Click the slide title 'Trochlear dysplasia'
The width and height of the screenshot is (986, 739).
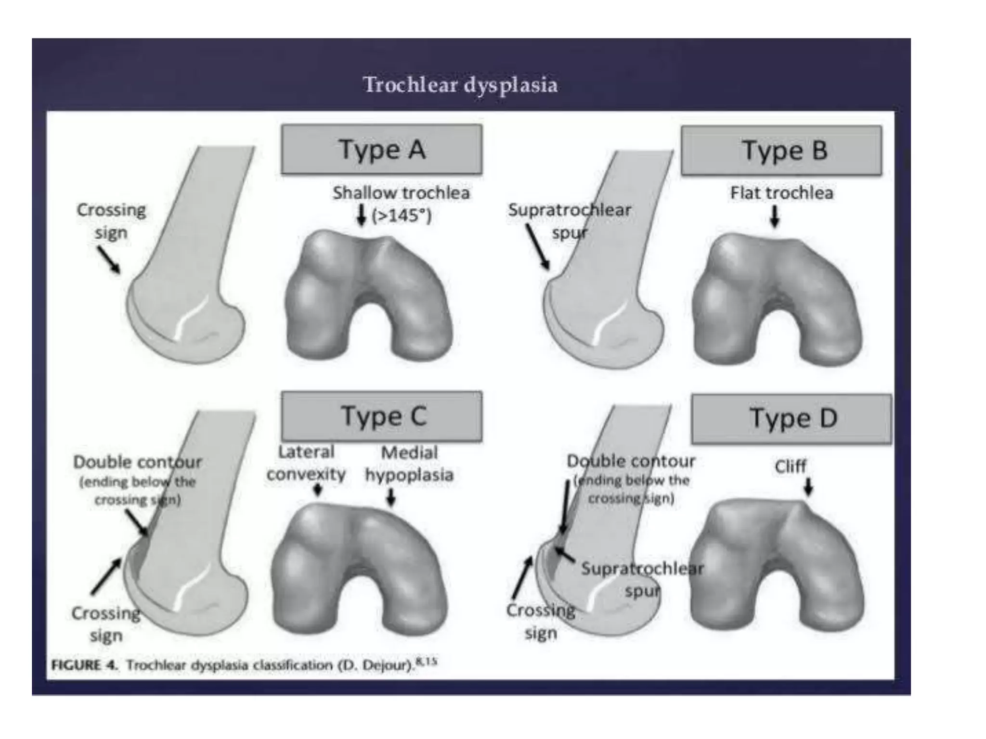tap(460, 85)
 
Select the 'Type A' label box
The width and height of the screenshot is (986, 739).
tap(382, 149)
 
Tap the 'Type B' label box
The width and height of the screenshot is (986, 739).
tap(781, 151)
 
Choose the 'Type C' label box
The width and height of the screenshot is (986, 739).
tap(382, 416)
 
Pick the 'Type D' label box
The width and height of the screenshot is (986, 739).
tap(791, 419)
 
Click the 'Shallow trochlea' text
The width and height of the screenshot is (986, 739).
tap(401, 193)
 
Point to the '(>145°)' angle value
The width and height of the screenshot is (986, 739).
tap(401, 216)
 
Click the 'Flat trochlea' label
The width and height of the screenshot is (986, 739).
tap(781, 193)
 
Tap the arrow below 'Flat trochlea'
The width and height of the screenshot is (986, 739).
tap(775, 217)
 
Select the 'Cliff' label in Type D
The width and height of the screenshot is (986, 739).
tap(790, 466)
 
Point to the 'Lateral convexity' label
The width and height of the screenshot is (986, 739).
tap(306, 463)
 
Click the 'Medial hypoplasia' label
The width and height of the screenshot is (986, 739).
tap(409, 464)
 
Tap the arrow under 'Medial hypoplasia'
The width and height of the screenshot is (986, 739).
tap(391, 497)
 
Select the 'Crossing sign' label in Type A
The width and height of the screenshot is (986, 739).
tap(111, 221)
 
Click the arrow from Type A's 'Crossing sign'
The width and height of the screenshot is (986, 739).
tap(109, 260)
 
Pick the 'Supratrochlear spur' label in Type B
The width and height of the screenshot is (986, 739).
tap(570, 221)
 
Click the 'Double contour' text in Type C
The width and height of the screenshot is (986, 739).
tap(138, 462)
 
